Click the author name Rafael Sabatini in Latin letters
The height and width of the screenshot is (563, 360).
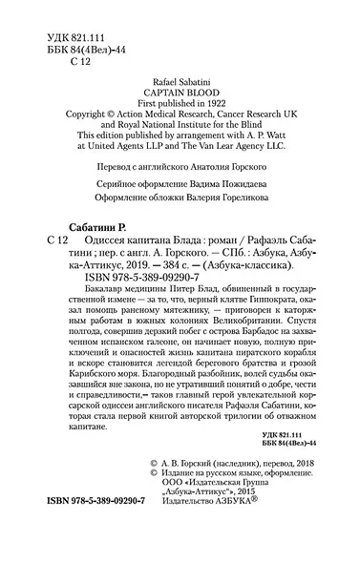pos(180,84)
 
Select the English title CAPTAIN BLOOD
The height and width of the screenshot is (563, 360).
pos(180,96)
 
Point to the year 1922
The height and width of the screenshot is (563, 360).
pos(222,110)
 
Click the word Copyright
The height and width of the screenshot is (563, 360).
pos(86,123)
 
